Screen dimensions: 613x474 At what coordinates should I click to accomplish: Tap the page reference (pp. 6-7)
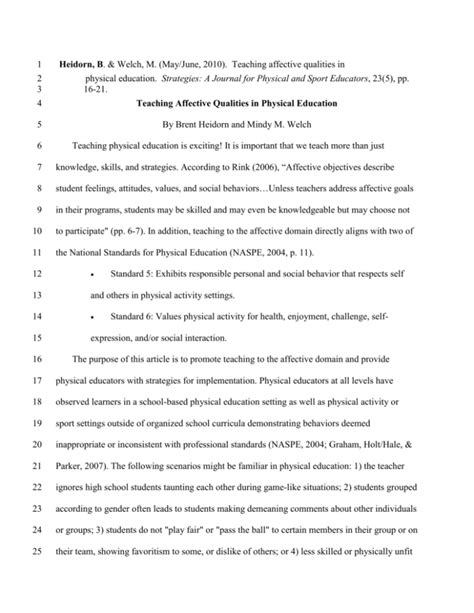point(187,227)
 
